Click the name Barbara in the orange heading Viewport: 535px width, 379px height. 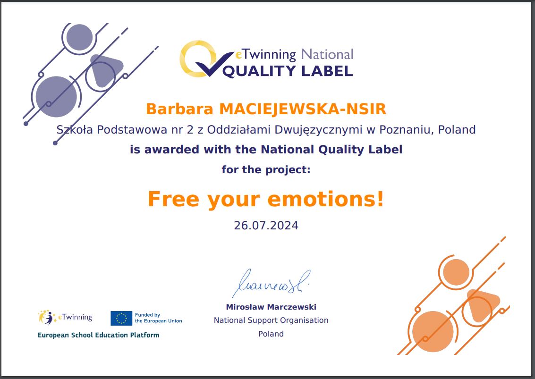tap(179, 109)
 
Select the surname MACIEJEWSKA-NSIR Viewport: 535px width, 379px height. tap(303, 109)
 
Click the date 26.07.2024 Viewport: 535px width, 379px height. tap(266, 226)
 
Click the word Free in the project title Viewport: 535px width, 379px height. tap(173, 199)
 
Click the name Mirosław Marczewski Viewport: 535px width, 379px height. tap(271, 307)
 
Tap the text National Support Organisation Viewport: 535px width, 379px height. tap(271, 320)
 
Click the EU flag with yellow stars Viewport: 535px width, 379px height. tap(121, 318)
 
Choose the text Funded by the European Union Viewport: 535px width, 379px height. tap(159, 318)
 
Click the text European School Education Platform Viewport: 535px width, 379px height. tap(99, 335)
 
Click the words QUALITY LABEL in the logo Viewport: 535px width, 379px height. tap(288, 71)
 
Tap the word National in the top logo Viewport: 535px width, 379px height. tap(327, 55)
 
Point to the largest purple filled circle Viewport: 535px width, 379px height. tap(56, 97)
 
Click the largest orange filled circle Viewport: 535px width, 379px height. tap(433, 332)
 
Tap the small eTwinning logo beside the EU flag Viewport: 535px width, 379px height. tap(65, 318)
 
